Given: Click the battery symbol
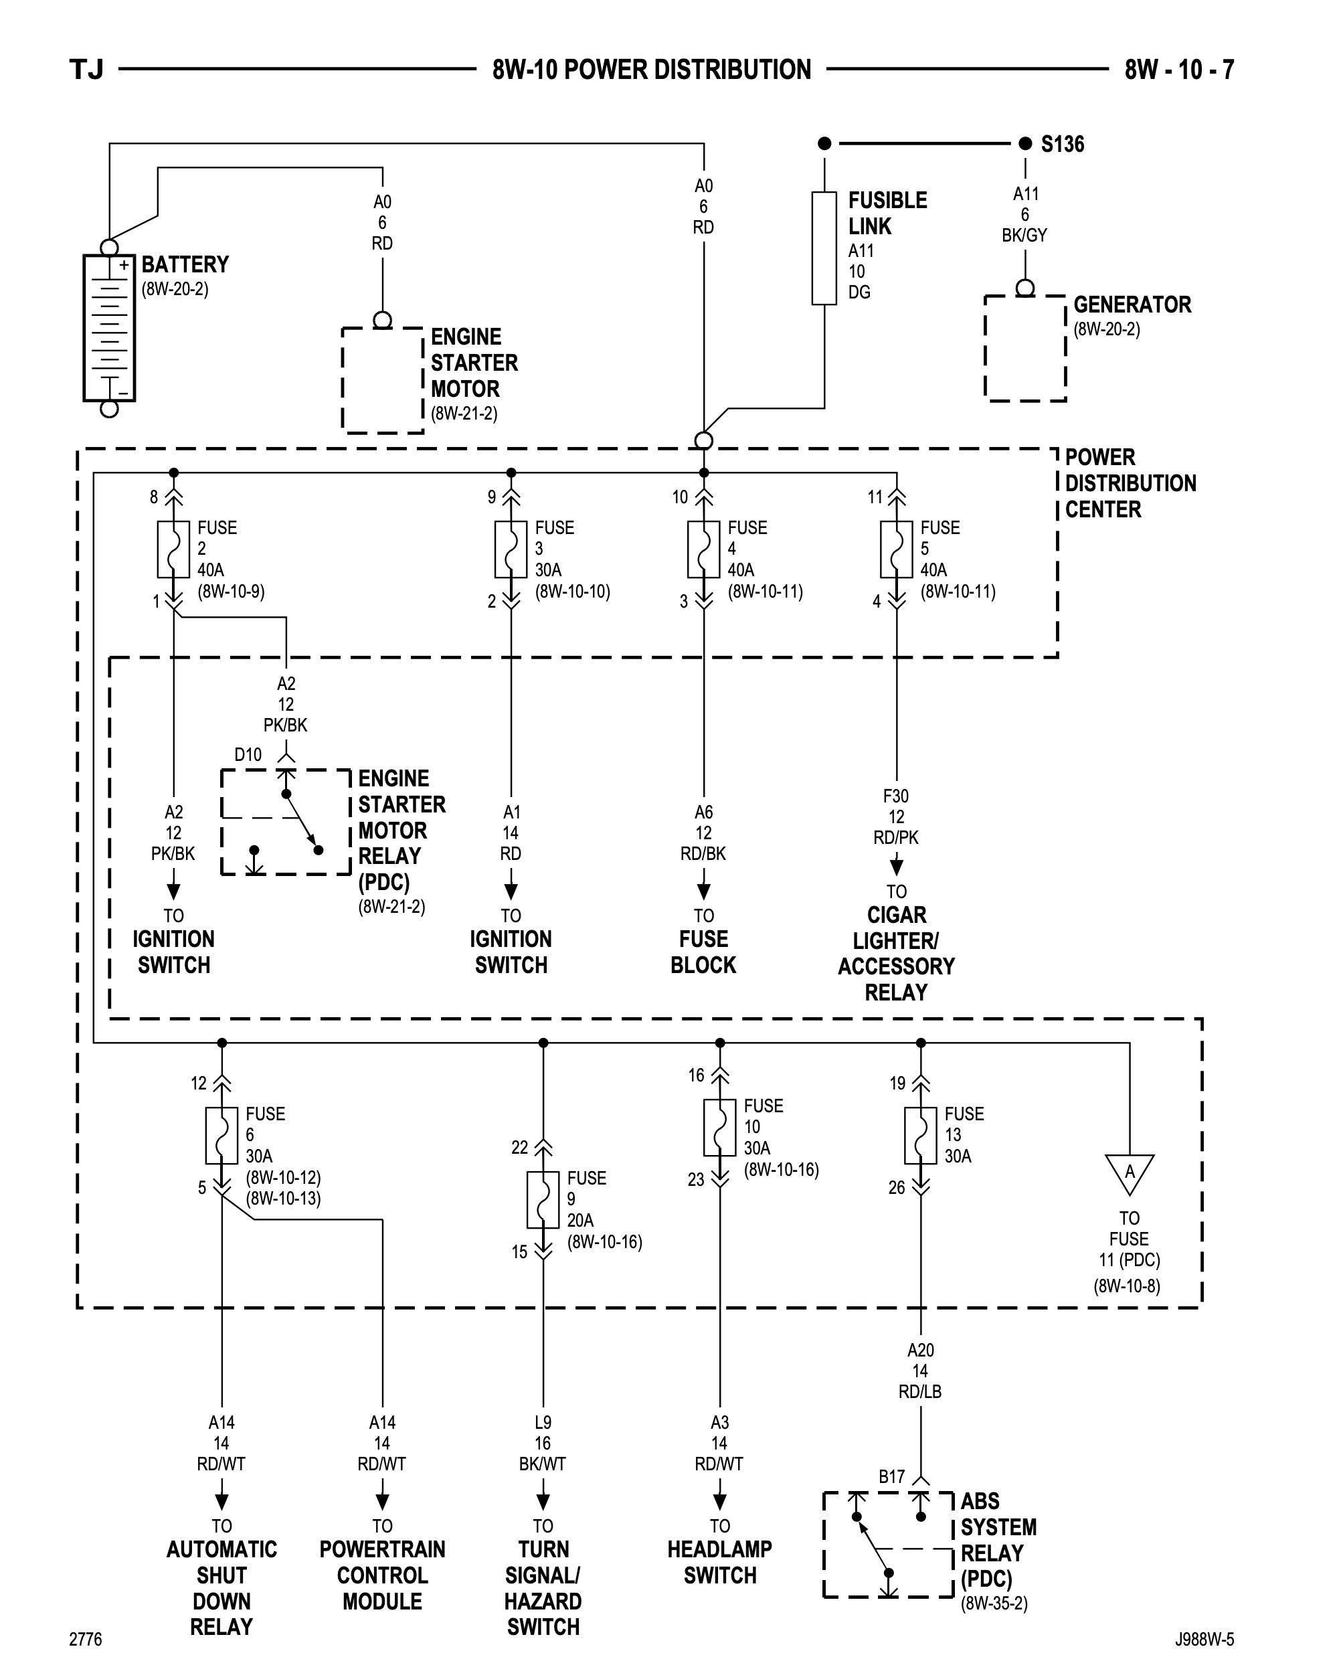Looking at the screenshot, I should click(x=110, y=327).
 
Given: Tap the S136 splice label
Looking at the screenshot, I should click(x=1062, y=145).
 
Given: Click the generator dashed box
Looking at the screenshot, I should click(x=1025, y=349).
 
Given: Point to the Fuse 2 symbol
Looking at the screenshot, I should click(x=174, y=549).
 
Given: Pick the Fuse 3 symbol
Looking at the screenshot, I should click(x=511, y=549).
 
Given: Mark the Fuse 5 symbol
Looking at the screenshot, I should click(x=896, y=549).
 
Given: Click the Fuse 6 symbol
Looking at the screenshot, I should click(x=221, y=1136).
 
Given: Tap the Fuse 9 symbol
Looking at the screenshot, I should click(x=543, y=1199).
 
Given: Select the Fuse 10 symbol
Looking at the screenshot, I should click(x=720, y=1128).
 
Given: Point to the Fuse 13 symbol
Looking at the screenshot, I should click(x=921, y=1136).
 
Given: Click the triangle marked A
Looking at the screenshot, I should click(x=1130, y=1172).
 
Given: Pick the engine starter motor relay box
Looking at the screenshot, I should click(x=286, y=822).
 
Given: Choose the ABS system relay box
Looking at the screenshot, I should click(x=889, y=1545).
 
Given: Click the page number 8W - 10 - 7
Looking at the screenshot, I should click(x=1179, y=70).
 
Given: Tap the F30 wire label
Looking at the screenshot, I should click(x=896, y=796).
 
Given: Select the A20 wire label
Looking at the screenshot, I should click(x=920, y=1351).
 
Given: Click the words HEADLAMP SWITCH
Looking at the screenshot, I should click(x=720, y=1562).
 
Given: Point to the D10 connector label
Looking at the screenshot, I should click(x=248, y=755).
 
